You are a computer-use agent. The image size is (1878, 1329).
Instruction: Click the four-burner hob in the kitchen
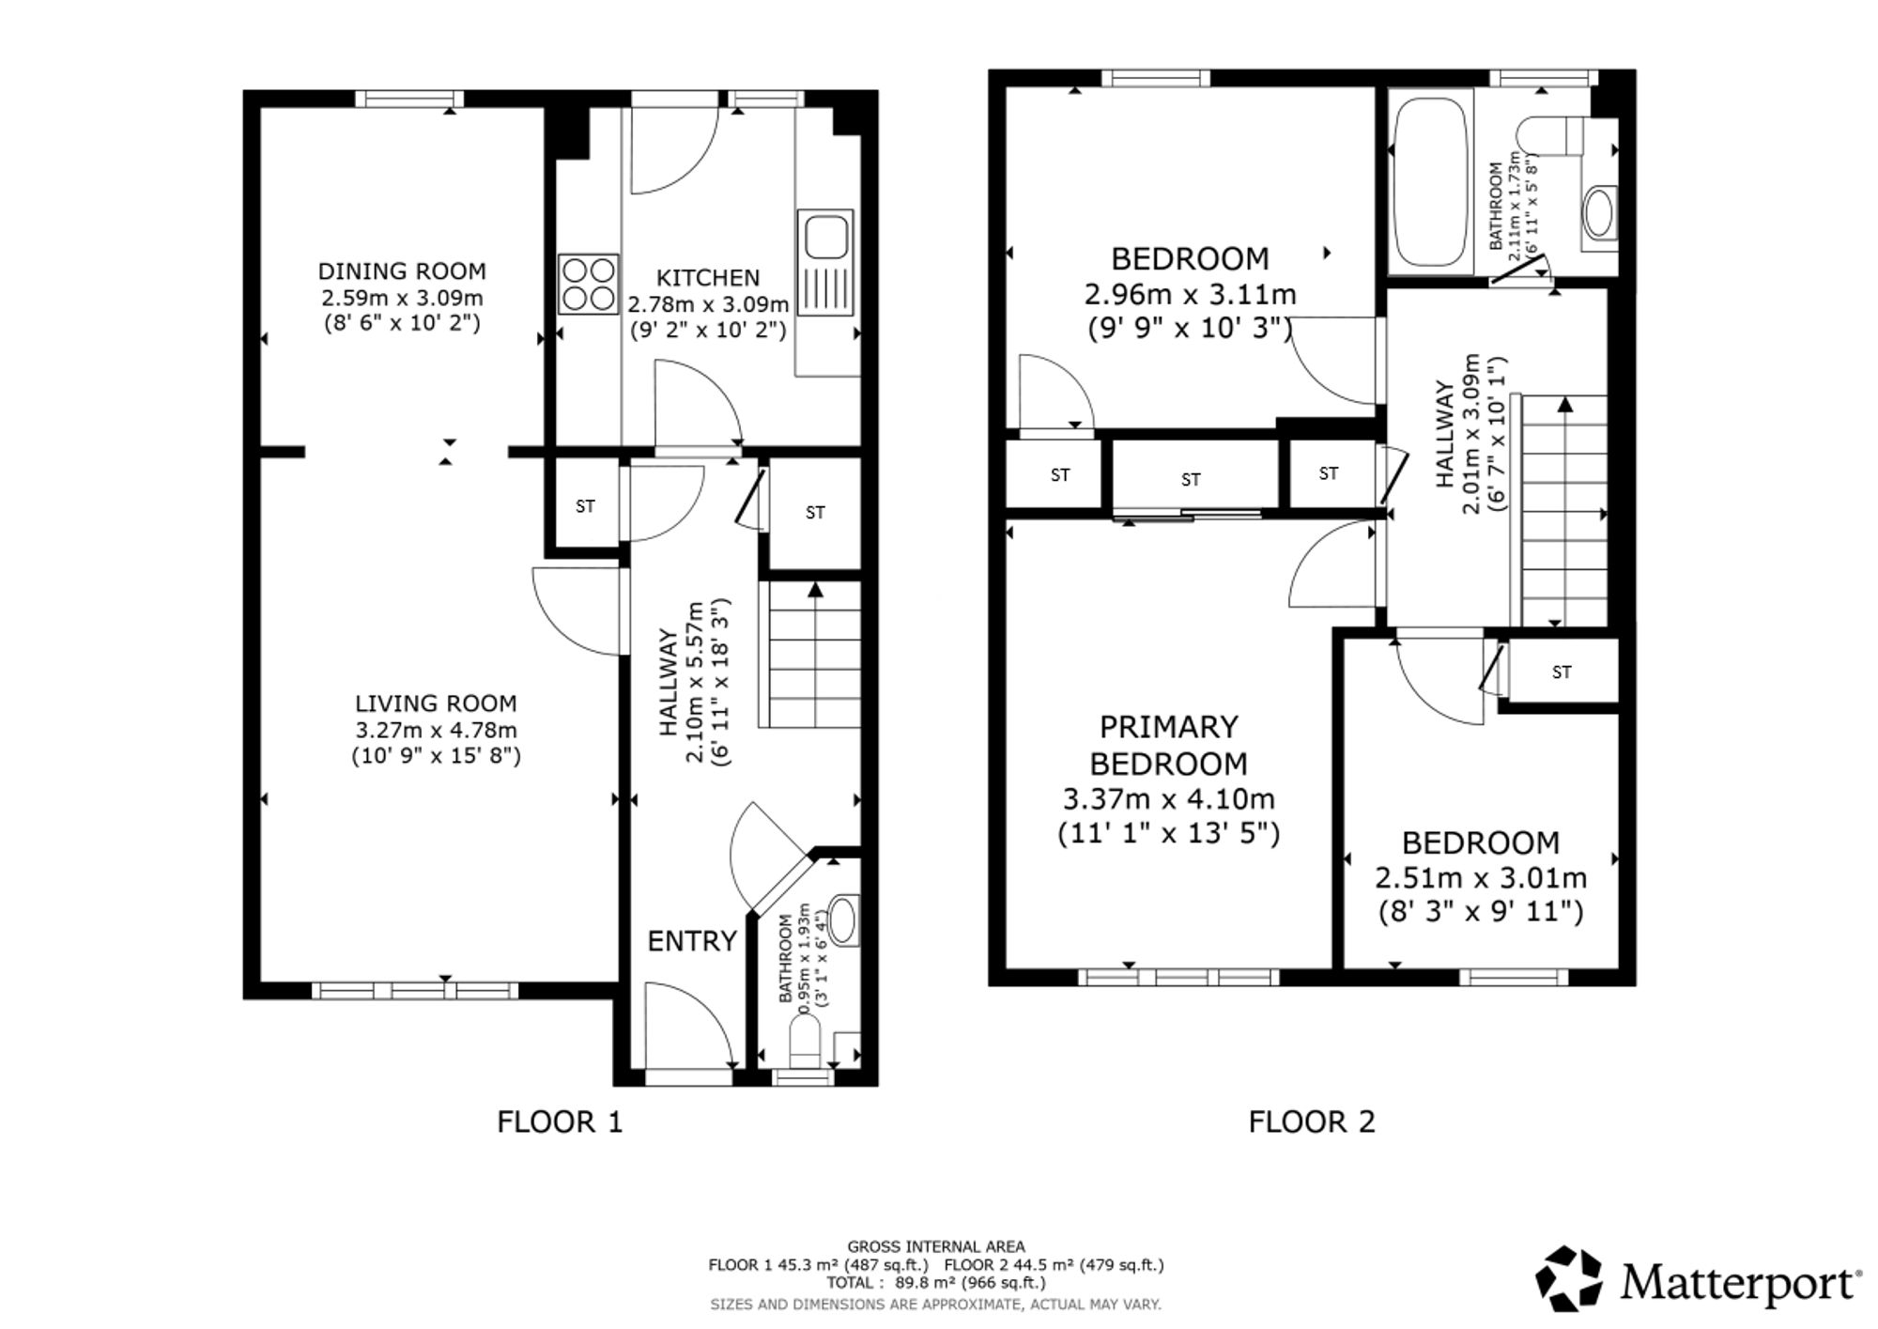pos(589,284)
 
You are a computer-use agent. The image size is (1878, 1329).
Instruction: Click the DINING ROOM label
pos(402,271)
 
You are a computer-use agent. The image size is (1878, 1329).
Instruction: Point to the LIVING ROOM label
pos(436,703)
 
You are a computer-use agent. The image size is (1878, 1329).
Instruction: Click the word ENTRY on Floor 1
pos(692,941)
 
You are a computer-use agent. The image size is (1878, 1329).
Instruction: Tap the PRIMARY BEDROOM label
pos(1169,745)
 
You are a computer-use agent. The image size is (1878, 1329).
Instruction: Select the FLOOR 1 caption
pos(560,1121)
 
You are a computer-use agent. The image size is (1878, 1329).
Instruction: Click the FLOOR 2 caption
pos(1312,1121)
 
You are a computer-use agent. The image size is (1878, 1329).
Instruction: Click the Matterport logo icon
pos(1569,1278)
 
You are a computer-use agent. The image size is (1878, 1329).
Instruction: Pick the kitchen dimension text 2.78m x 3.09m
pos(708,304)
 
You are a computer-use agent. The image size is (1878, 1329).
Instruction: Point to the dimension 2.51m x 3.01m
pos(1481,878)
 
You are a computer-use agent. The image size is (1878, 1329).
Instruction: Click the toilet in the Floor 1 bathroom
pos(806,1043)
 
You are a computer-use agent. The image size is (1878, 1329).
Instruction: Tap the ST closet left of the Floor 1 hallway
pos(585,506)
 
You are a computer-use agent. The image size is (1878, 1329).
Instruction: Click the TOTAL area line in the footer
pos(935,1283)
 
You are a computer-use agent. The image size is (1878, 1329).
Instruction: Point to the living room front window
pos(415,990)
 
